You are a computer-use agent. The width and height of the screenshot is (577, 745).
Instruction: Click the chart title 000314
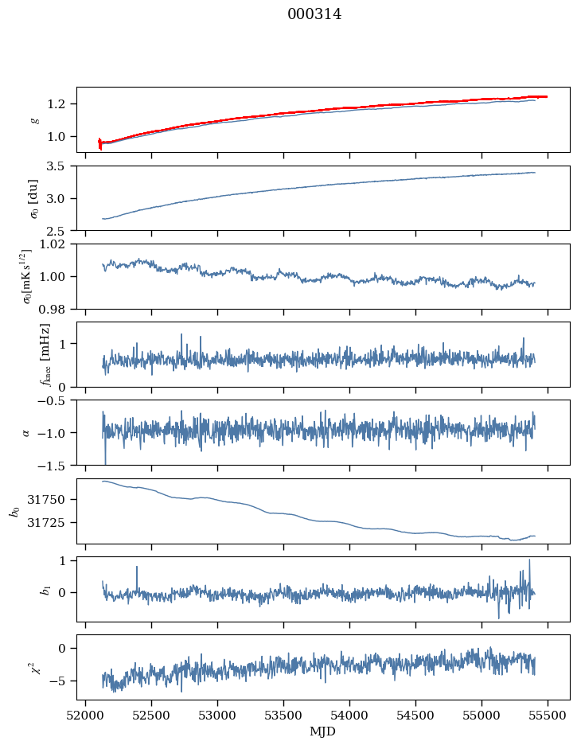314,14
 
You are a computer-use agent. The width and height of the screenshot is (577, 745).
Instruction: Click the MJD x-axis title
322,731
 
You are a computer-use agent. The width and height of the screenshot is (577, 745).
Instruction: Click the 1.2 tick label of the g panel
60,104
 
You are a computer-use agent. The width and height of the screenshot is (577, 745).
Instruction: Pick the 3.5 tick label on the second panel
60,166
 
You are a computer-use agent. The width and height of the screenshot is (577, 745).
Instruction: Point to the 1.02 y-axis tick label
56,244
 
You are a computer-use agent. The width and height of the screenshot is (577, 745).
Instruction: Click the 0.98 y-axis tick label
56,309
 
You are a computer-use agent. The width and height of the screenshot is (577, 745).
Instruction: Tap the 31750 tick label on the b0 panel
53,500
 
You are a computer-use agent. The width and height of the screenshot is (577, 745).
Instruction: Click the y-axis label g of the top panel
34,120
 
